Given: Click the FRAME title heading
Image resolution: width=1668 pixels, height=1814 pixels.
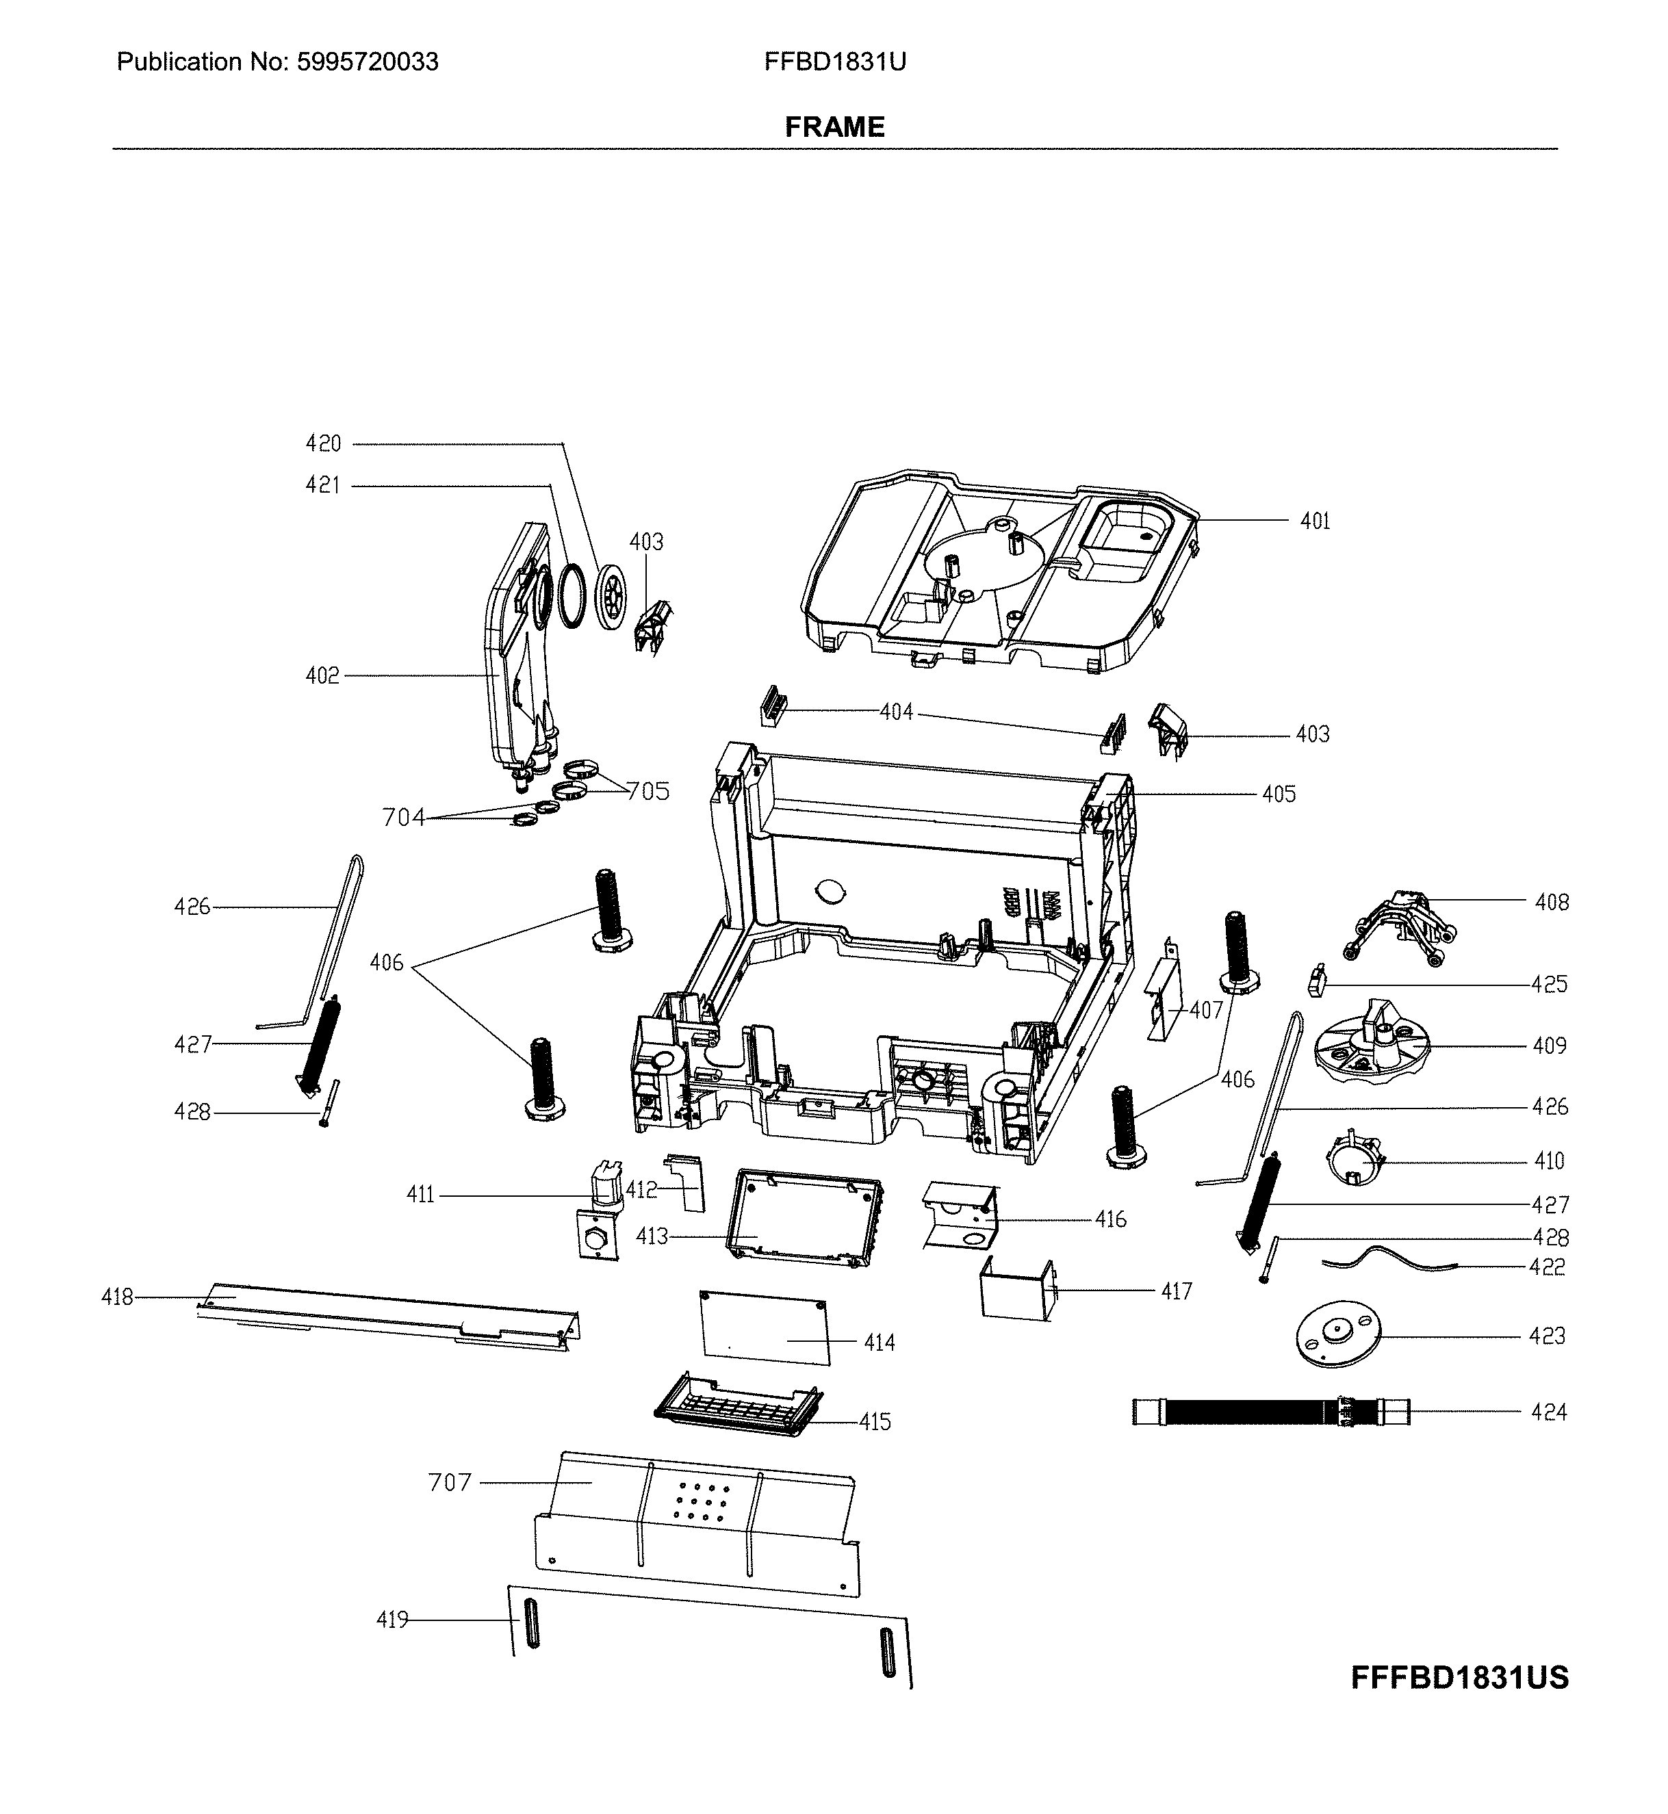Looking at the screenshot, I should (834, 127).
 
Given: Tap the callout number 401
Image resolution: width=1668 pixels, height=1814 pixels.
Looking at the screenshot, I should (1314, 521).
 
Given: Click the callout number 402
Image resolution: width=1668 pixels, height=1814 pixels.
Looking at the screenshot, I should (322, 676).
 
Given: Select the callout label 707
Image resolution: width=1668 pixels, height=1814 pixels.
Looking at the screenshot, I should (450, 1483).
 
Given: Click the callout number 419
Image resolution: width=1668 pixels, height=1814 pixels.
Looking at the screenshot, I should (392, 1621).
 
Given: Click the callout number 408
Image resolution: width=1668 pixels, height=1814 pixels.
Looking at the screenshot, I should (1552, 903).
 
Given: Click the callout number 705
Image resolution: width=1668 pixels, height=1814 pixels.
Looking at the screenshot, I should (648, 792).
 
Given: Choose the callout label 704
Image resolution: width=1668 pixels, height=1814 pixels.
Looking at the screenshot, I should (403, 818).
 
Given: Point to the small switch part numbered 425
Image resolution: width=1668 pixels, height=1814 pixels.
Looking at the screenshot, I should (1316, 981).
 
